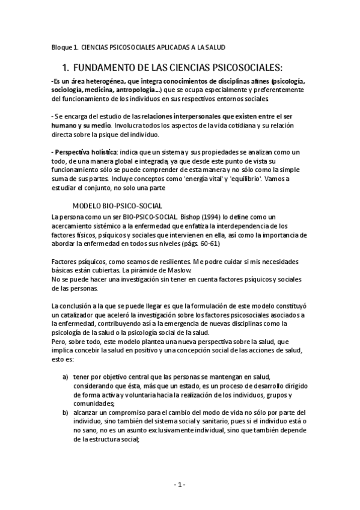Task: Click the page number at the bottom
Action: [180, 485]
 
